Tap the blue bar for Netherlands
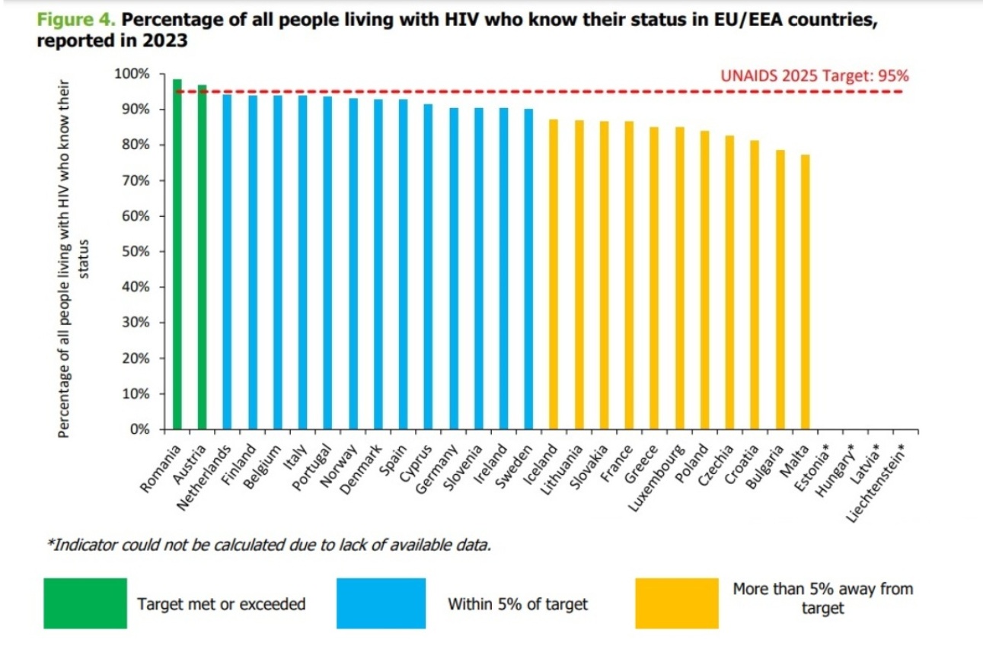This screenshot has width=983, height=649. click(227, 262)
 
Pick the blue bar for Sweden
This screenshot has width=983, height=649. click(528, 269)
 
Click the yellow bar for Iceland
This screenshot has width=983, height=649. click(554, 275)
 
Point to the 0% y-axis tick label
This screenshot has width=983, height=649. click(139, 430)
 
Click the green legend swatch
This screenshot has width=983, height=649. click(85, 603)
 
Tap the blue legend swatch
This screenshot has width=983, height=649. click(381, 603)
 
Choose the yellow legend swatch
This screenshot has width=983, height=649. click(676, 603)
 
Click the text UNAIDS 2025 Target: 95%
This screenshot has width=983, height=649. click(815, 76)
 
